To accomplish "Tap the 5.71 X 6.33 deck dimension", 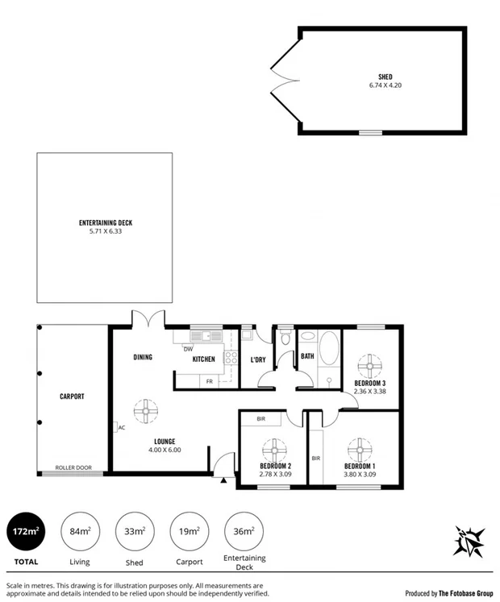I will coord(105,231).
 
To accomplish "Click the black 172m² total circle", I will coord(25,531).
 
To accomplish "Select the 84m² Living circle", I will coord(79,531).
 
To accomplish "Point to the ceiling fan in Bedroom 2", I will coord(275,450).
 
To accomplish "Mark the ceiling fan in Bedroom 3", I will coord(370,365).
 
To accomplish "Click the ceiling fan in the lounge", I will coord(146,411).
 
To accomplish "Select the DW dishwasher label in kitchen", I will coord(188,349).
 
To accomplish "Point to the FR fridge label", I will coord(209,380).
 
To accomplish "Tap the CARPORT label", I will coord(72,396).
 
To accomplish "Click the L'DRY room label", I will coord(257,359).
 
